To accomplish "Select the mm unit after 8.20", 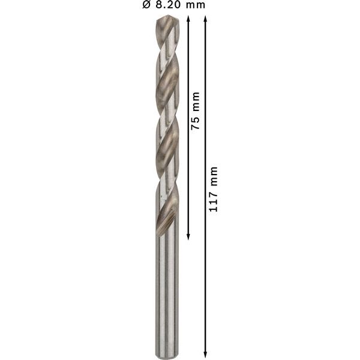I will click(194, 5).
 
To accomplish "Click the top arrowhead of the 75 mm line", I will click(188, 20).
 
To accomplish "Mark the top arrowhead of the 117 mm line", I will click(206, 20).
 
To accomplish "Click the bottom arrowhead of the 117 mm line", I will click(206, 353).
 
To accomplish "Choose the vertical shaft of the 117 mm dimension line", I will click(206, 270).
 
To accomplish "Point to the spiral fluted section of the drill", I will click(166, 120).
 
